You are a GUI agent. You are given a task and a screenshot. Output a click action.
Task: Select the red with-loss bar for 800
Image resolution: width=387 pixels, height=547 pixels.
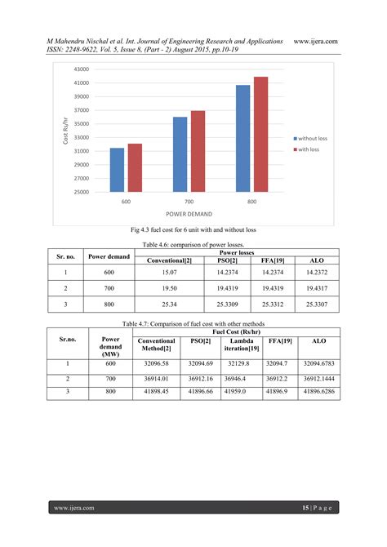click(x=261, y=135)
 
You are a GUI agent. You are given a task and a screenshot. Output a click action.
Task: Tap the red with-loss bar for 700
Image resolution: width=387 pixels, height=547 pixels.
click(x=198, y=151)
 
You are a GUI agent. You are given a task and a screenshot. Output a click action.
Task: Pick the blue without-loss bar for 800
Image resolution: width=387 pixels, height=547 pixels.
click(x=243, y=139)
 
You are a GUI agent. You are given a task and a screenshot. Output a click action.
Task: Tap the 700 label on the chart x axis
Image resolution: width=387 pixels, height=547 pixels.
click(x=189, y=200)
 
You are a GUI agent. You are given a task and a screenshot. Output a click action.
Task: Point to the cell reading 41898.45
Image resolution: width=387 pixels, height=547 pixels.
click(x=158, y=392)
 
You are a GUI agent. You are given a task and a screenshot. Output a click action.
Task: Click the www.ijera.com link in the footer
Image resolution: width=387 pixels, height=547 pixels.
click(x=74, y=508)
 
